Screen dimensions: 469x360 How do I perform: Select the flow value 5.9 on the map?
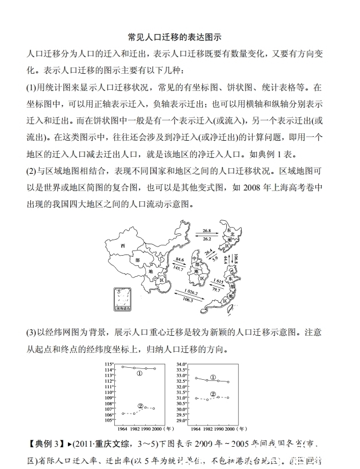(x=215, y=258)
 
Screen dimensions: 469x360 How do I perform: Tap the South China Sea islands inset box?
(x=122, y=300)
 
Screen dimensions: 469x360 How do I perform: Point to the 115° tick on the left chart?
(x=110, y=364)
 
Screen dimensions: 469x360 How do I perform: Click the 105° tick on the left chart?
(x=110, y=420)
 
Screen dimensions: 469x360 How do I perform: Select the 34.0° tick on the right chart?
(x=182, y=364)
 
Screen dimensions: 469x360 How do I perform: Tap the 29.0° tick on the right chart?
(x=182, y=420)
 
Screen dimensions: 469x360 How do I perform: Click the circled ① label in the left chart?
(x=139, y=373)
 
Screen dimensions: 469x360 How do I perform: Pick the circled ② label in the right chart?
(x=213, y=394)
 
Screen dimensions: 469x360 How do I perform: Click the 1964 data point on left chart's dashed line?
(x=123, y=414)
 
